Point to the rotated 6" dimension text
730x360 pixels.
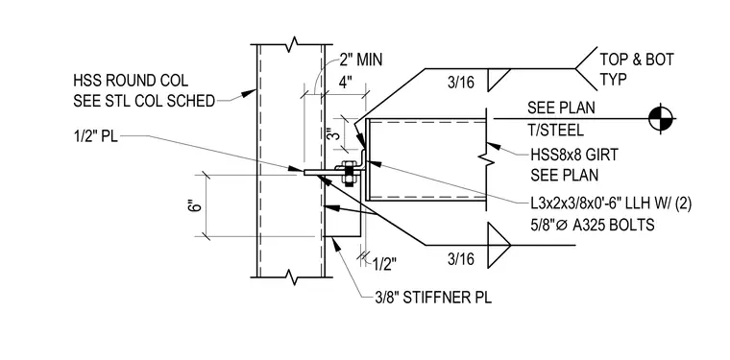point(197,205)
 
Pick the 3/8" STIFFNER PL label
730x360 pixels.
point(433,298)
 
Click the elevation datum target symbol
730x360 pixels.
point(661,119)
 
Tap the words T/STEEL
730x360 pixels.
point(555,130)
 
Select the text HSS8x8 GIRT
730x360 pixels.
point(573,155)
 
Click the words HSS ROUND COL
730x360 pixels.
point(131,81)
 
